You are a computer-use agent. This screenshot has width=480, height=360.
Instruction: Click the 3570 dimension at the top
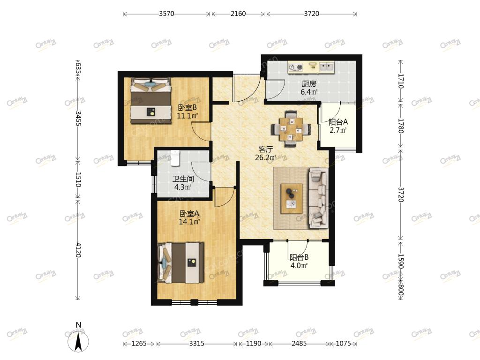tap(166, 14)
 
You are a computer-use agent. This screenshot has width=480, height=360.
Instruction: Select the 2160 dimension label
tap(238, 14)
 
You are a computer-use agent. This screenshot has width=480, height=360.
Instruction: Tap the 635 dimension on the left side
tap(78, 68)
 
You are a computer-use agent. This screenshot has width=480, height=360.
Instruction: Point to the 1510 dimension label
tap(78, 180)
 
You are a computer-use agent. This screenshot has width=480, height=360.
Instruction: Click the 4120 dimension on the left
tap(78, 250)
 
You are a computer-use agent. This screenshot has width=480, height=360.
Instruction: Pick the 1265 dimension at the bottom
tap(139, 344)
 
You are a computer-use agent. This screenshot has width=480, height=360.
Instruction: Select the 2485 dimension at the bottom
tap(299, 344)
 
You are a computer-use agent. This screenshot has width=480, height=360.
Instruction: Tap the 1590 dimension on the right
tap(401, 261)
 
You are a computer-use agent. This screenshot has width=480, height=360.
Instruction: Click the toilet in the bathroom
tap(175, 158)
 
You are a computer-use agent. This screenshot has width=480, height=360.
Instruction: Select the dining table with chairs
tap(291, 129)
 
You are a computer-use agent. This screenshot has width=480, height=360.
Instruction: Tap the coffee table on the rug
tap(292, 198)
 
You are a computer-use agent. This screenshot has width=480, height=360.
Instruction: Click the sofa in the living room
tap(319, 198)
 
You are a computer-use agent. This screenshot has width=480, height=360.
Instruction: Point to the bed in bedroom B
tap(150, 101)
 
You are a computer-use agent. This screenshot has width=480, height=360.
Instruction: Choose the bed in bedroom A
tap(180, 263)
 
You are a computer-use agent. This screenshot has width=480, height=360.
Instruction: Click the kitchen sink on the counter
tap(327, 67)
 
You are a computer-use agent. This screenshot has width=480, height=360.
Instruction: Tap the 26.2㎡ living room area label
tap(266, 157)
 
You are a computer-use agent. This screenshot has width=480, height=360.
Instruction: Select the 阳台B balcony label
tap(299, 257)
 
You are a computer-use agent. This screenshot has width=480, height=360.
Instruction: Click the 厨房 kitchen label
tap(309, 83)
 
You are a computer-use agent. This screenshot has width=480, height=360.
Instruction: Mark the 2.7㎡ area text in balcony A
tap(338, 130)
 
